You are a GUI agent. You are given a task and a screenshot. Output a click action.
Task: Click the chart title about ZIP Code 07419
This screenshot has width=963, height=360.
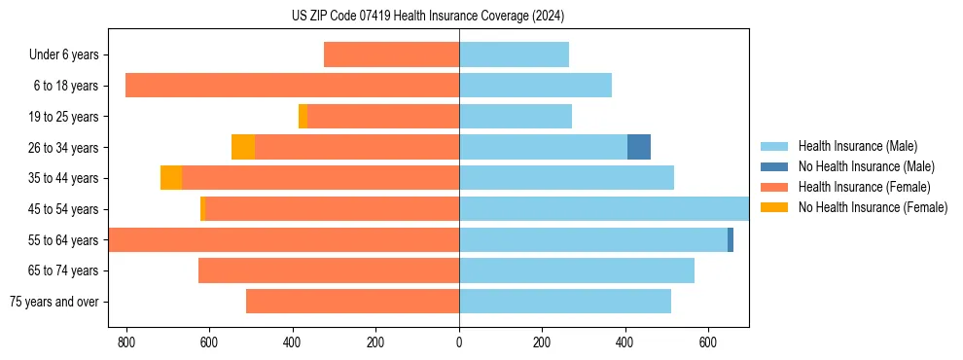[428, 17]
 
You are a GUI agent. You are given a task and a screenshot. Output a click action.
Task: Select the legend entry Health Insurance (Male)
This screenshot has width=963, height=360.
[856, 146]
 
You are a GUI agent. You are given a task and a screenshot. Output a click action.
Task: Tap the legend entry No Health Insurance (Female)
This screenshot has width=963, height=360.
[873, 207]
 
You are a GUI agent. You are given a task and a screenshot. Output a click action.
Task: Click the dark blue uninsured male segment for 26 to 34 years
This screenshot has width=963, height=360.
[639, 147]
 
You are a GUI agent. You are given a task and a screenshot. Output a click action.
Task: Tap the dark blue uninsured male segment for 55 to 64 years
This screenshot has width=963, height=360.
[731, 239]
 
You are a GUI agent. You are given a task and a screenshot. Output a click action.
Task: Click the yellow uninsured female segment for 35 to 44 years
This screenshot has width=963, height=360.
[171, 178]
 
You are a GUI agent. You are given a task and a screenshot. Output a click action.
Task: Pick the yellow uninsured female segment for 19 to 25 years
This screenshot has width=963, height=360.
[303, 116]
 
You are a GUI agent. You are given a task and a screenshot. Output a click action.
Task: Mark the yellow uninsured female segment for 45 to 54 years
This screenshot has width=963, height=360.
[202, 209]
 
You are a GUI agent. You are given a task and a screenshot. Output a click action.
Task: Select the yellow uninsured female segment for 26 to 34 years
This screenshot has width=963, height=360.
[243, 147]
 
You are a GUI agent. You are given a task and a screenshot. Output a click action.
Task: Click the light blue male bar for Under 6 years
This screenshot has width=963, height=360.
[514, 54]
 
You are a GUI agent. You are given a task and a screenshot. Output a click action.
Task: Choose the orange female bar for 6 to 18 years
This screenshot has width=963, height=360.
[292, 86]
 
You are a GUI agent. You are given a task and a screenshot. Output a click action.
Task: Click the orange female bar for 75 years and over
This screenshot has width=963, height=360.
[352, 302]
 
